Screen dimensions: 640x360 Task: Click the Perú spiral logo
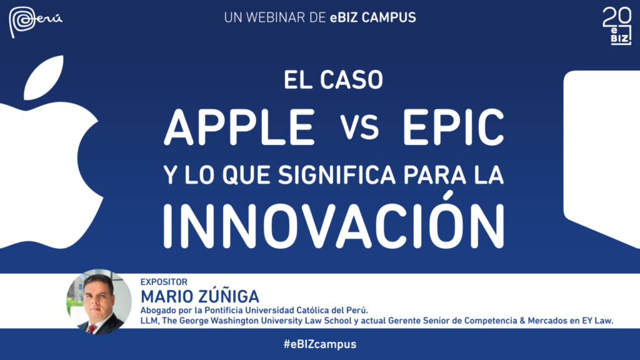click(35, 21)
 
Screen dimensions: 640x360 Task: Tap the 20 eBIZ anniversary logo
click(617, 26)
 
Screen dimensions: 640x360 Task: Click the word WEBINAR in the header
click(276, 17)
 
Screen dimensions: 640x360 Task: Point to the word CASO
click(351, 79)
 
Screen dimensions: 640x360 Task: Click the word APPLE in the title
click(239, 127)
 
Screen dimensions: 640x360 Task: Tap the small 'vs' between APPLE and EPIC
click(359, 127)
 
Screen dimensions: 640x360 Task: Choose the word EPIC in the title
click(454, 127)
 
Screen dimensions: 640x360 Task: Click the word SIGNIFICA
click(337, 175)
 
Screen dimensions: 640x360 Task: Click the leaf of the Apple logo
click(44, 77)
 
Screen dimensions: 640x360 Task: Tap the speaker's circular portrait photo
click(99, 302)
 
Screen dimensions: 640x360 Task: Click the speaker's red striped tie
click(92, 329)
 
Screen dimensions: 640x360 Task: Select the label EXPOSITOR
click(164, 282)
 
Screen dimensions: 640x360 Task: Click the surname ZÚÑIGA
click(229, 296)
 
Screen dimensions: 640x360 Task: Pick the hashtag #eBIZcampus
click(320, 344)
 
